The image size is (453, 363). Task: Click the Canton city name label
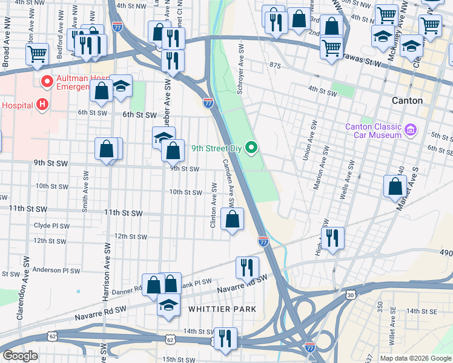point(407,100)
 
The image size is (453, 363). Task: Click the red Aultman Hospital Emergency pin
point(46,80)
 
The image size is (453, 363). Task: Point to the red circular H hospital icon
point(42,105)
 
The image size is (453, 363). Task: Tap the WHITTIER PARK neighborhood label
point(222,309)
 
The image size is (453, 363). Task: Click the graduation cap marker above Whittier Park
point(168,306)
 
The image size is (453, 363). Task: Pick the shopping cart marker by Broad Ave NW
point(38,54)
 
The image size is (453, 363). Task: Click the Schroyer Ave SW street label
point(240,76)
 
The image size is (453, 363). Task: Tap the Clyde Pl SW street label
point(51,226)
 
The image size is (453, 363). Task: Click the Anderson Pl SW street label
point(56,270)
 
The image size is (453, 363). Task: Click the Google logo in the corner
point(21,356)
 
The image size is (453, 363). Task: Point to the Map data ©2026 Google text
point(414,358)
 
